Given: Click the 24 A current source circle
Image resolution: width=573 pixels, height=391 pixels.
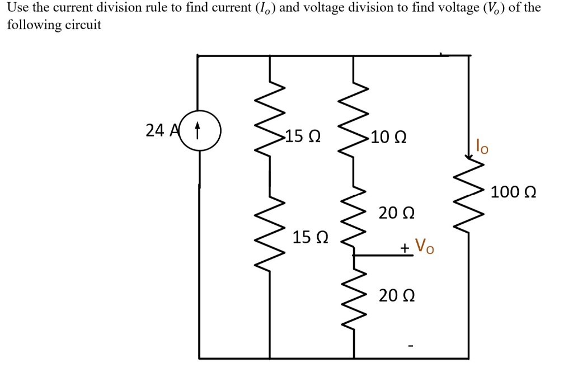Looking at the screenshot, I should point(199,133).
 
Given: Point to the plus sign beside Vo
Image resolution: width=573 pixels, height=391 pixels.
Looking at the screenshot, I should point(404,247).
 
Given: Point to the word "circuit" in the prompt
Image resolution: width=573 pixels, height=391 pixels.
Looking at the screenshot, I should point(82,25).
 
